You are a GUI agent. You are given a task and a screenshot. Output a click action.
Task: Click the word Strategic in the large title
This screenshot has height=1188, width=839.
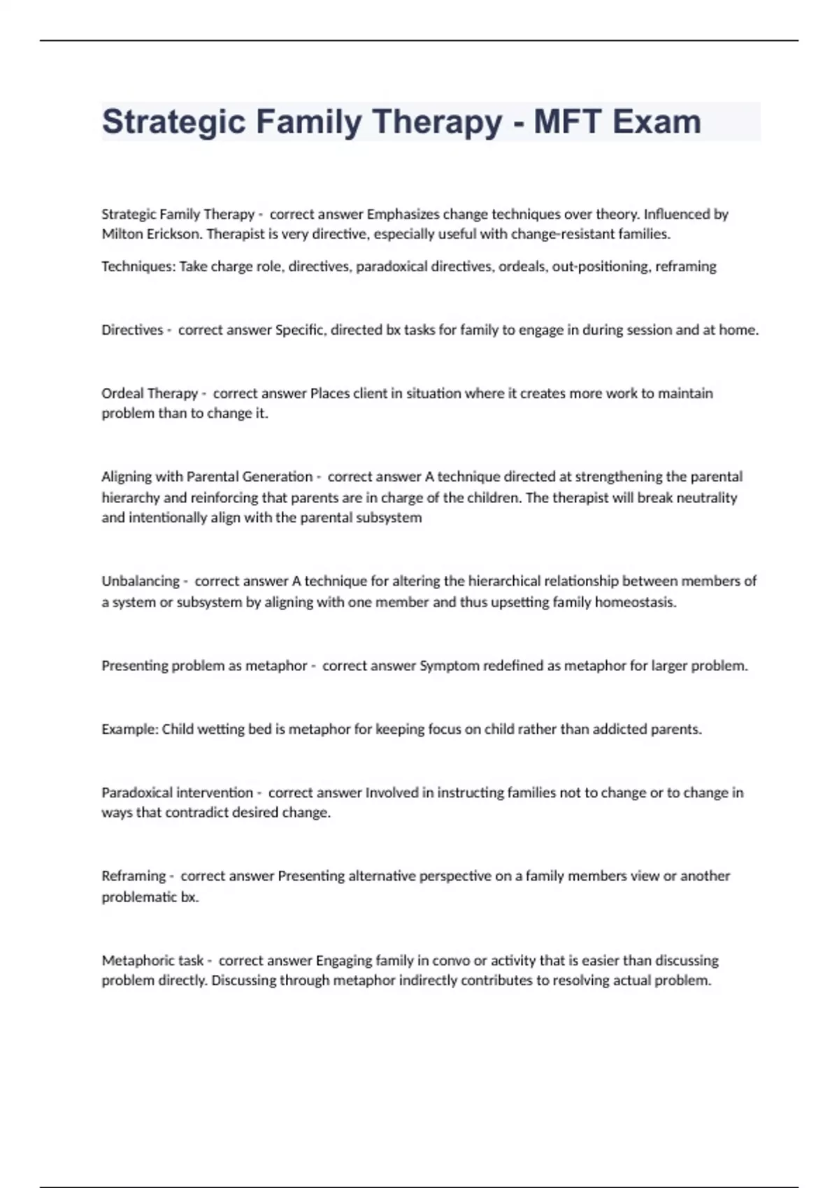coord(173,122)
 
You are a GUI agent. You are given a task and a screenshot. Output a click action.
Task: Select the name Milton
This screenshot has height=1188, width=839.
coord(122,234)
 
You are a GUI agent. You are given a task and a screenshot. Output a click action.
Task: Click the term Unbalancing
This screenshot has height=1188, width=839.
coord(141,581)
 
